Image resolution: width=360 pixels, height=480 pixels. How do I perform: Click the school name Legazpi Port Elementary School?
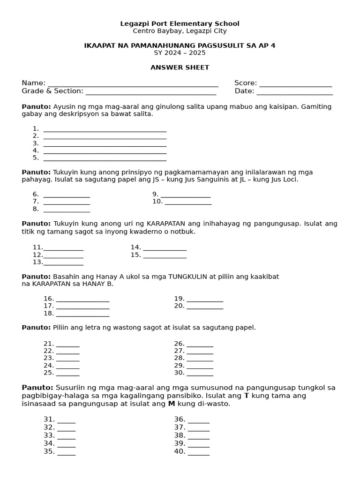click(180, 23)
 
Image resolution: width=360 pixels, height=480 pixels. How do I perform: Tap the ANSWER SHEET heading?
click(180, 67)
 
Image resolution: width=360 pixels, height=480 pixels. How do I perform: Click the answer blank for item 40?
click(199, 453)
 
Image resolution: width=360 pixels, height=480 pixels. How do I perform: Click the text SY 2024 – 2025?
click(180, 52)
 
